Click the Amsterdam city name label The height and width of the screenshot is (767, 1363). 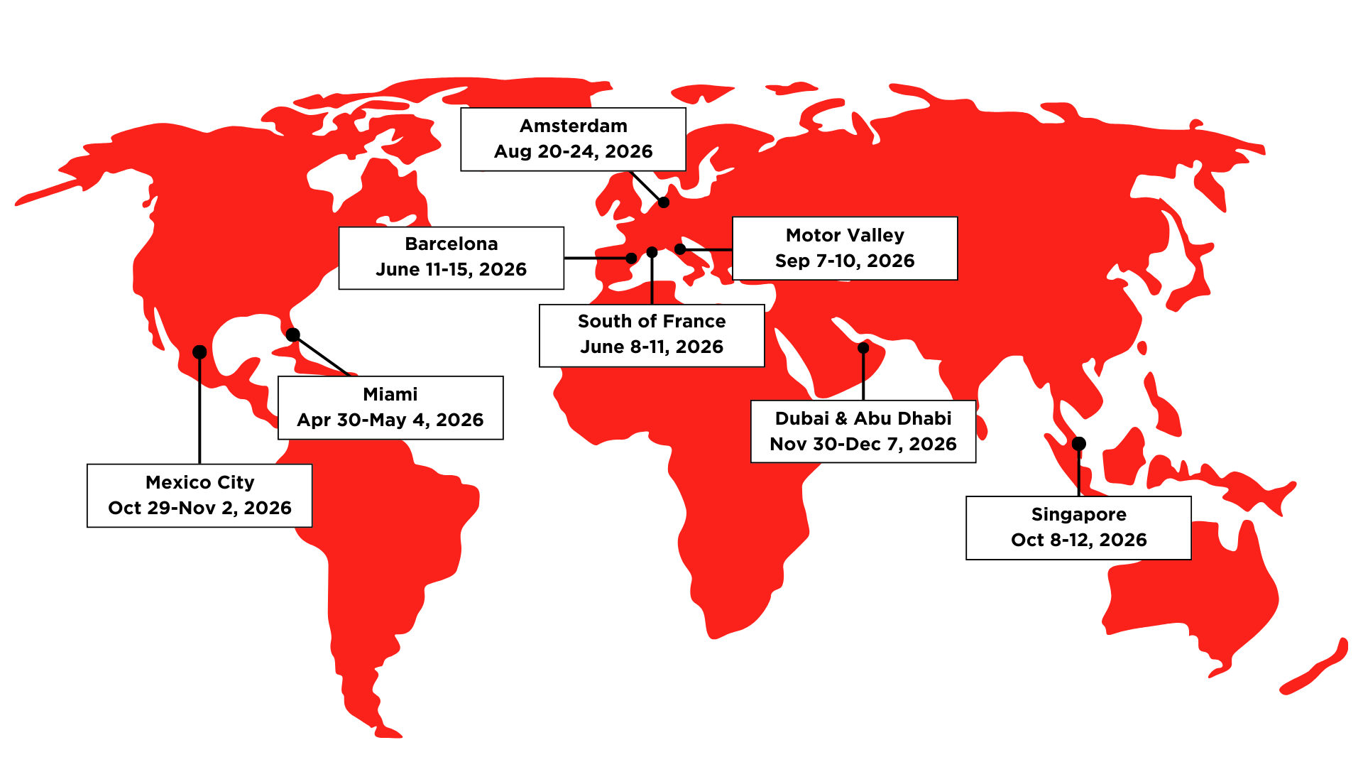(x=574, y=126)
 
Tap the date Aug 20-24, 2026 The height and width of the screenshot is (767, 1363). (x=574, y=152)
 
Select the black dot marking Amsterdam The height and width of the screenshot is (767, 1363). (x=664, y=202)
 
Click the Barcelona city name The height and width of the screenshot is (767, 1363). (x=451, y=244)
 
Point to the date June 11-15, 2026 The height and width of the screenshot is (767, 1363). (x=451, y=270)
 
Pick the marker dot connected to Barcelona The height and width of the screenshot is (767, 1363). (x=631, y=259)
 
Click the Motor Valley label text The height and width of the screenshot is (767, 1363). (x=845, y=236)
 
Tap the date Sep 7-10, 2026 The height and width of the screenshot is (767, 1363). (x=845, y=261)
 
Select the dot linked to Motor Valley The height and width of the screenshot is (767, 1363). (x=680, y=249)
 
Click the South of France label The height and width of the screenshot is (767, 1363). (x=652, y=322)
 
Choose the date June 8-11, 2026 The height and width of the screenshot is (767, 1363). (x=652, y=347)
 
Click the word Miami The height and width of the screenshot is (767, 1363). (x=390, y=395)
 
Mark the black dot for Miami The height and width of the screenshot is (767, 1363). (x=293, y=334)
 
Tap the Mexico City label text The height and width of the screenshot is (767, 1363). (x=199, y=483)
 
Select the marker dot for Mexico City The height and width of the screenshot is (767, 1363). (x=199, y=352)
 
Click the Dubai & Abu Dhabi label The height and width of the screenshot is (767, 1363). (x=863, y=419)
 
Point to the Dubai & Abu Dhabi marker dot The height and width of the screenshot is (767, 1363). (x=863, y=348)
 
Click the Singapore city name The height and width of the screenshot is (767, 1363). (x=1078, y=515)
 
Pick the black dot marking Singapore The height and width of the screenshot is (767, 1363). (x=1079, y=444)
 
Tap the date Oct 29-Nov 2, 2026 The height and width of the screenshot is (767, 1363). (x=199, y=508)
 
